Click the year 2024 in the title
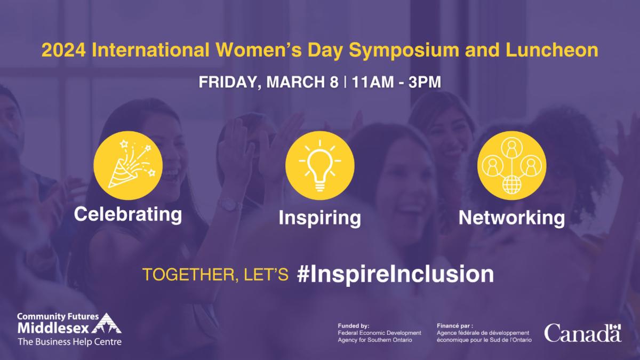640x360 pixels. [x=63, y=50]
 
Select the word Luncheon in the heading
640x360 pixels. [x=551, y=50]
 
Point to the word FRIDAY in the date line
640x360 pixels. [x=230, y=82]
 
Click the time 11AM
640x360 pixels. [x=373, y=82]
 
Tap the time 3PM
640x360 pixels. [x=425, y=82]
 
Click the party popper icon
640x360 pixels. [x=129, y=165]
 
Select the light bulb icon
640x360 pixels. [x=320, y=165]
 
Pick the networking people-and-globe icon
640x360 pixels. [x=511, y=165]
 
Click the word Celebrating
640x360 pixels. [x=128, y=215]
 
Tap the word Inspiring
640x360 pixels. [x=319, y=219]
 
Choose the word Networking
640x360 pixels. [x=511, y=219]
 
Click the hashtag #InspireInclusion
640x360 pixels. [x=395, y=274]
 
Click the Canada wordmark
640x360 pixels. [x=582, y=333]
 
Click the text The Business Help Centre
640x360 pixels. [x=69, y=342]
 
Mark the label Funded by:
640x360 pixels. [x=354, y=326]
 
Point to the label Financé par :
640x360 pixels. [x=455, y=326]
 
